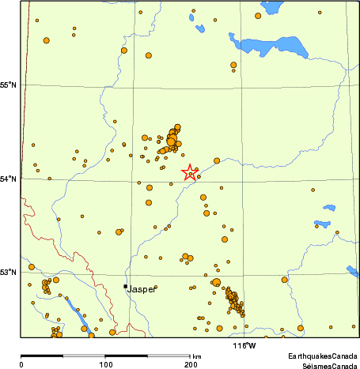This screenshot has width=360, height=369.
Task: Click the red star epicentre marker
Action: pos(190,172)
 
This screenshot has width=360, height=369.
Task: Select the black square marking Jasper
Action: pos(125,286)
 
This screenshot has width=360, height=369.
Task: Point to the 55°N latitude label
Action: pos(9,85)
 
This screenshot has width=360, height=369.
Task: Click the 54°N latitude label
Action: pos(9,179)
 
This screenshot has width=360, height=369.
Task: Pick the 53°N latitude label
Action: pos(9,273)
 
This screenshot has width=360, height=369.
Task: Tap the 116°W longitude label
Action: pos(244,346)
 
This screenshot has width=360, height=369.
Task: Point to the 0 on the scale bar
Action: pos(21,364)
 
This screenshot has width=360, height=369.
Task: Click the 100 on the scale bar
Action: pos(105,364)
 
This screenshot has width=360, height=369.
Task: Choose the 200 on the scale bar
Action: pos(190,364)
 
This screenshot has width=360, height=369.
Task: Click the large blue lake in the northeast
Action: pos(269,47)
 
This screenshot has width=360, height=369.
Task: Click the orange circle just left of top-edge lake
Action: pos(257,15)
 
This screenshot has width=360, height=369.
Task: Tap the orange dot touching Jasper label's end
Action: pos(156,287)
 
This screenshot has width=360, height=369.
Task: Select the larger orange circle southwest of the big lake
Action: pos(233,65)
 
